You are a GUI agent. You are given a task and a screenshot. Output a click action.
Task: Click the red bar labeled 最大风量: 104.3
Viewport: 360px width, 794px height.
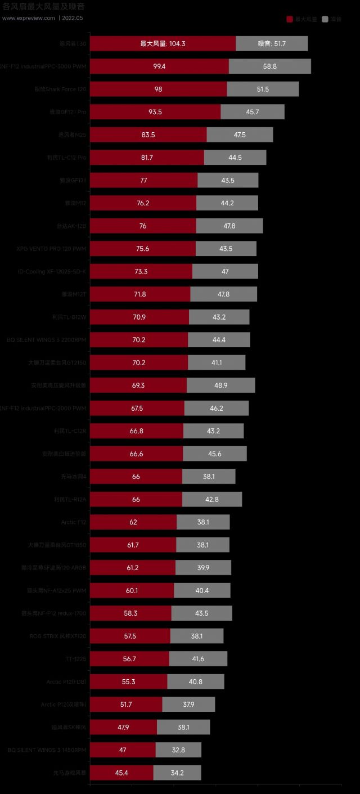coord(163,44)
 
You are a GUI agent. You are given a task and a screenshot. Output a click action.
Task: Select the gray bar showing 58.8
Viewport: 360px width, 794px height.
coord(269,66)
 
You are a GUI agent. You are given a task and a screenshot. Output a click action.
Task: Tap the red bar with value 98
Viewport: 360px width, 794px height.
coord(158,89)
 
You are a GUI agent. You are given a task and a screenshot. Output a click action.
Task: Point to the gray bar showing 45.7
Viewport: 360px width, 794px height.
coord(253,112)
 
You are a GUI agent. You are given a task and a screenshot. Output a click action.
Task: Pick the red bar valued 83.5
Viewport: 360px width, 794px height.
coord(148,135)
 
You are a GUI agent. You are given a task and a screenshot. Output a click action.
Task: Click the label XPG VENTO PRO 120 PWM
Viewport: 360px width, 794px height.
coord(52,249)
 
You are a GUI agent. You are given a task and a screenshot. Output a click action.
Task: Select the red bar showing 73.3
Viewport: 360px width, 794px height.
coord(141,272)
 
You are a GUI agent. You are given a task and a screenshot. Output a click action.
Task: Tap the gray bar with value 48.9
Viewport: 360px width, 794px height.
coord(220,385)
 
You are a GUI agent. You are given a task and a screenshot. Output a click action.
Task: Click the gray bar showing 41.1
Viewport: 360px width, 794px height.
coord(217,363)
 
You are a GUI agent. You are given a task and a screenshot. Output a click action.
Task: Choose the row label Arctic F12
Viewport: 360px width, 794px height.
coord(74,522)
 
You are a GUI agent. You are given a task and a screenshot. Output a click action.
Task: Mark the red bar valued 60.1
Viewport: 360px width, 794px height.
coord(132,590)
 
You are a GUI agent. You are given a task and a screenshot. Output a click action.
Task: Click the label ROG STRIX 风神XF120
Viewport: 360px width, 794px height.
coord(58,636)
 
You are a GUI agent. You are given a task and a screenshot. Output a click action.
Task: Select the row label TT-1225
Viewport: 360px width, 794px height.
coord(76,659)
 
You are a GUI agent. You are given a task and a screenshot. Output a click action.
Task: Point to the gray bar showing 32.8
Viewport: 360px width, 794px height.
coord(178,750)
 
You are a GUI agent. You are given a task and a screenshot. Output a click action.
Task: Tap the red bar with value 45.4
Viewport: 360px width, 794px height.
coord(121,773)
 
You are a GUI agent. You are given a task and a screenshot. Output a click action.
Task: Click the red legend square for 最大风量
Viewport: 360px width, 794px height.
coord(290,19)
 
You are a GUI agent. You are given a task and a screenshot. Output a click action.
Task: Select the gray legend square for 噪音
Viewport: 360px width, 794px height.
coord(325,19)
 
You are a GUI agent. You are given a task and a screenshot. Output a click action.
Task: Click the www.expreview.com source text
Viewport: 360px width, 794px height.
coord(29,18)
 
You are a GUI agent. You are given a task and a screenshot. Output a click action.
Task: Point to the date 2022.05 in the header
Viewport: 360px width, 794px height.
coord(73,18)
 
